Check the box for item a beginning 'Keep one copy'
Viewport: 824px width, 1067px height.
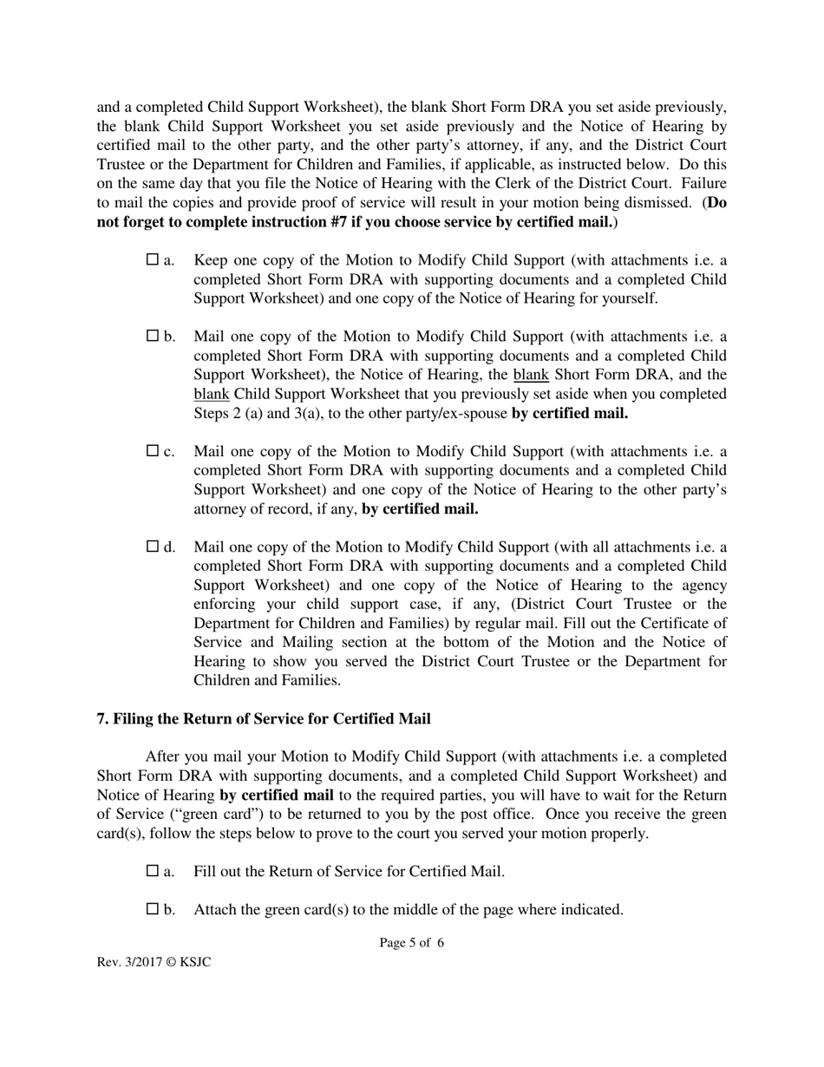(154, 259)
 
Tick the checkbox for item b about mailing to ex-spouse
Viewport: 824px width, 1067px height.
(154, 336)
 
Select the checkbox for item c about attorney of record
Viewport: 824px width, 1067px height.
(154, 451)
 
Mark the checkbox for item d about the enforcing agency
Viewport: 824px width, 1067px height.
(154, 547)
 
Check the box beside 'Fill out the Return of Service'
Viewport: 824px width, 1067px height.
(154, 871)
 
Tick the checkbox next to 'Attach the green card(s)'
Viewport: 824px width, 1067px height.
(154, 909)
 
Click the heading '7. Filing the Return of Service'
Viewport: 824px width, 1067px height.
(263, 719)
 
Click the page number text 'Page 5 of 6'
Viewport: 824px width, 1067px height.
(411, 943)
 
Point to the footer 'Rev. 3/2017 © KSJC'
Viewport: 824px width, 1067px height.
(154, 963)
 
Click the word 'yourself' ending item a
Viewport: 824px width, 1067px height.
(629, 298)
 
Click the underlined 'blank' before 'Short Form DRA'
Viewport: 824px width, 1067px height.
(531, 375)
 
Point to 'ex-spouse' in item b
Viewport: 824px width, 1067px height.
(475, 413)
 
